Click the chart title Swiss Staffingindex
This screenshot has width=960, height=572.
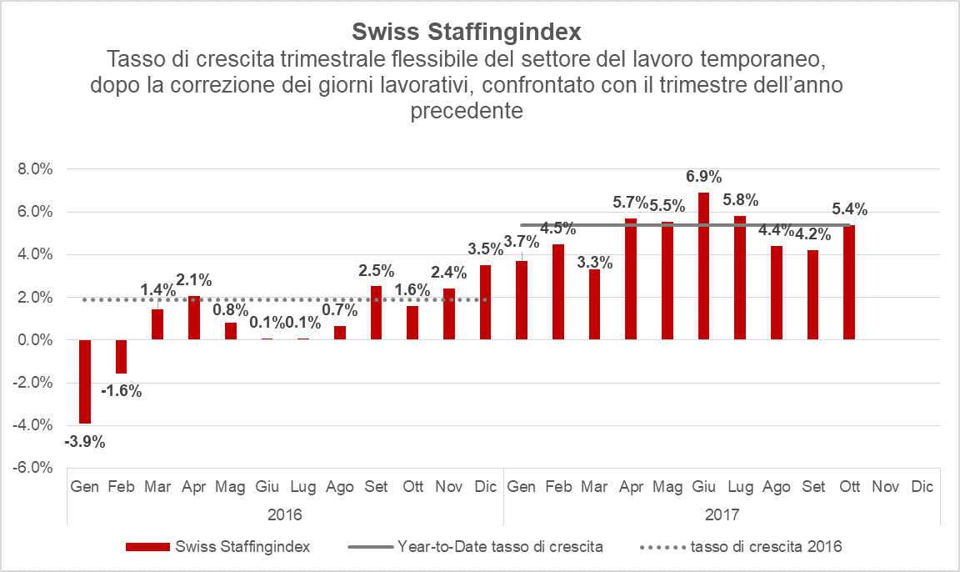(x=466, y=32)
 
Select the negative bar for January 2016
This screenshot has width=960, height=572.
(x=84, y=381)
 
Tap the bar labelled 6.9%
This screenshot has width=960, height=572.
(x=704, y=266)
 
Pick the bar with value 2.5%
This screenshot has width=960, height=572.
(x=376, y=313)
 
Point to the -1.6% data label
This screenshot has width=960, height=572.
(x=121, y=390)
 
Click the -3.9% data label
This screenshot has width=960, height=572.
(x=84, y=442)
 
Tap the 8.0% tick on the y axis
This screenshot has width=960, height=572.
(x=35, y=169)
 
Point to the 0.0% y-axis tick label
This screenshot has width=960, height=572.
(x=35, y=340)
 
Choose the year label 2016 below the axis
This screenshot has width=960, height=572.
(x=285, y=514)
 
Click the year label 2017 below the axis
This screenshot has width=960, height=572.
(x=722, y=514)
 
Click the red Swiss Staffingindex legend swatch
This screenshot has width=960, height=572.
(x=147, y=547)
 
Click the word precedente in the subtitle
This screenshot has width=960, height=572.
(x=466, y=110)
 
